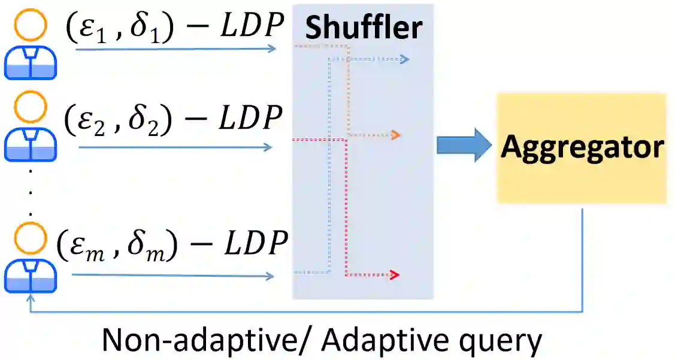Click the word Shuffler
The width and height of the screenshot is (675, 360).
pos(363,28)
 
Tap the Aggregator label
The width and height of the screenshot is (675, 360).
pos(582,147)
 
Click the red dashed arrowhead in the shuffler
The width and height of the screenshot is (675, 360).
pos(394,275)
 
